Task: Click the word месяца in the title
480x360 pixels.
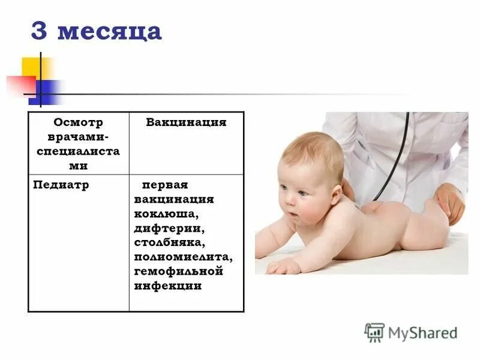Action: (x=109, y=32)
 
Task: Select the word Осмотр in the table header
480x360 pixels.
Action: (x=79, y=122)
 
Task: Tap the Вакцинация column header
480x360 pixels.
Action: (x=186, y=122)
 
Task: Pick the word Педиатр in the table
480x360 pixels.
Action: (x=61, y=185)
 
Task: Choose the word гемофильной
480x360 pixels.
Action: (x=179, y=271)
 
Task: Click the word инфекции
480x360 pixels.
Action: (x=169, y=286)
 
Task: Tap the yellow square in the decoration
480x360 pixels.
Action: (x=33, y=67)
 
